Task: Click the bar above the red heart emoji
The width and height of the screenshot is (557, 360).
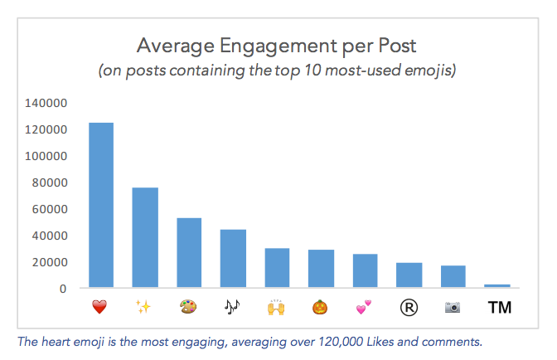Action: pyautogui.click(x=100, y=205)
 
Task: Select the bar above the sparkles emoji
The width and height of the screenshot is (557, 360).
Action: pyautogui.click(x=145, y=237)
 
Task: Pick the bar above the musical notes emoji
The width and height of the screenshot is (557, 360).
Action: pyautogui.click(x=233, y=258)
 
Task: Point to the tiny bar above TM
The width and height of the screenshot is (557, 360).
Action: pyautogui.click(x=497, y=286)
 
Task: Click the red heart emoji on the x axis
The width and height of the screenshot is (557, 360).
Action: pyautogui.click(x=100, y=308)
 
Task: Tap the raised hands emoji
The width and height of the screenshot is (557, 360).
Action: pyautogui.click(x=277, y=308)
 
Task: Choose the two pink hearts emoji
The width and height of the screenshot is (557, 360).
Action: pyautogui.click(x=365, y=308)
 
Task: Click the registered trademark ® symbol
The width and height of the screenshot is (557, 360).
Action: pyautogui.click(x=409, y=308)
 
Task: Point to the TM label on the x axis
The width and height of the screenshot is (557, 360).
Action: pyautogui.click(x=499, y=308)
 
